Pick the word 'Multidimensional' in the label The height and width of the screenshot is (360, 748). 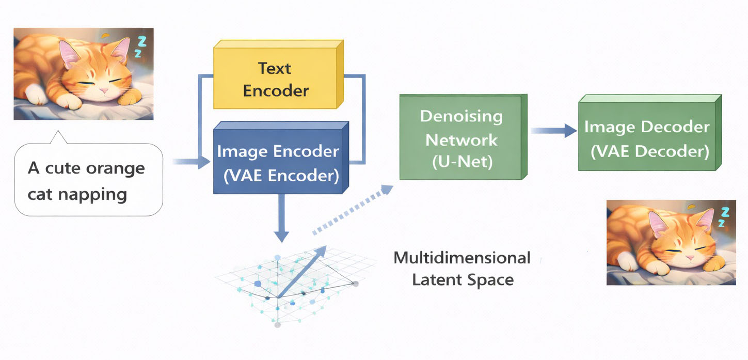pos(461,258)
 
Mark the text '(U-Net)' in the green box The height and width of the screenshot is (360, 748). pos(461,162)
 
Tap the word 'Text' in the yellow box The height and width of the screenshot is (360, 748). pos(275,68)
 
